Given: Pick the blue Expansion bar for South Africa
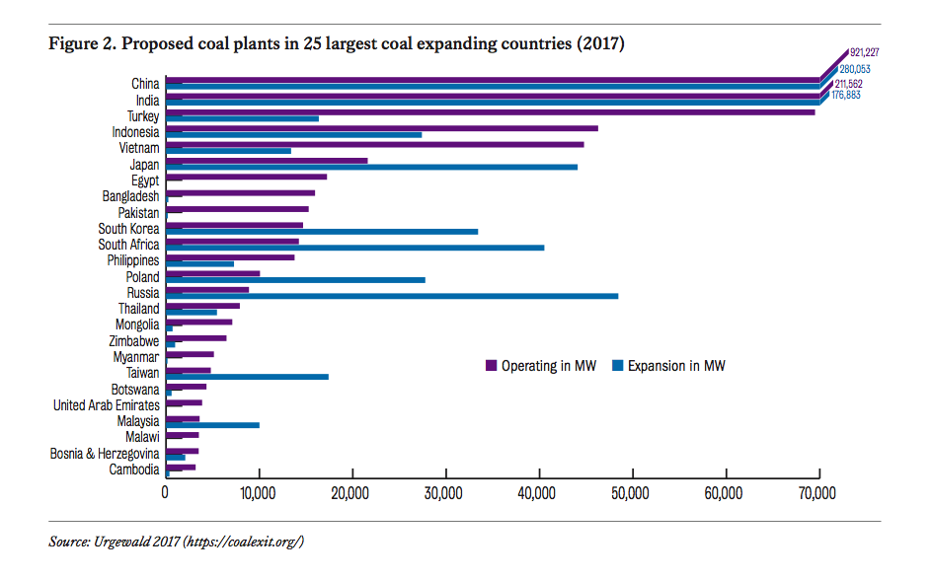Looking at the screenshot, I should click(x=354, y=248).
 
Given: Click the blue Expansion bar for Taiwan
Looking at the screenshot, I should click(x=247, y=377).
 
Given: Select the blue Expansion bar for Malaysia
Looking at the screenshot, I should click(x=212, y=425).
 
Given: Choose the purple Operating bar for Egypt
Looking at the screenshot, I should click(x=246, y=177).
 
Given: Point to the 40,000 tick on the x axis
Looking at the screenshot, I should click(x=538, y=492).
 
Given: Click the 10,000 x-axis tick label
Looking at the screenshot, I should click(x=258, y=492).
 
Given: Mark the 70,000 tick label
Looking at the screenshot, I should click(x=818, y=492).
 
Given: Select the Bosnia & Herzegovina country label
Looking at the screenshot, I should click(x=105, y=454).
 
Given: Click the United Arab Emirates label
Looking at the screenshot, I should click(x=106, y=405).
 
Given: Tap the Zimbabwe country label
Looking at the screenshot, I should click(x=134, y=340).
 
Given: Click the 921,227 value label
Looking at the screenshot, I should click(x=865, y=52).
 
